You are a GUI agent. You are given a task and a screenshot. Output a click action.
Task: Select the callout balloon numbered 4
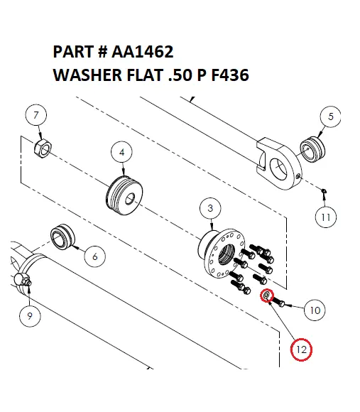pyautogui.click(x=122, y=152)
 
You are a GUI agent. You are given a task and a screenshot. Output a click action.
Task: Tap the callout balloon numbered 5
pyautogui.click(x=329, y=116)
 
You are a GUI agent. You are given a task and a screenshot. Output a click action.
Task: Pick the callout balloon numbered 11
pyautogui.click(x=324, y=217)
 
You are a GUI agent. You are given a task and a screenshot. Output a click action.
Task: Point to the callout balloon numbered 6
pyautogui.click(x=94, y=257)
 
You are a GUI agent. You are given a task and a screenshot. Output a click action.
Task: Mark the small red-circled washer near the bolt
pyautogui.click(x=266, y=296)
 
